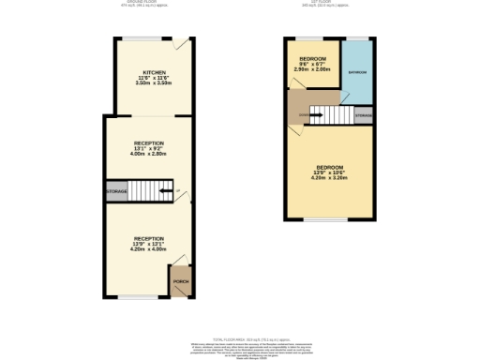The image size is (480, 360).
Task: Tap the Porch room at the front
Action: point(179,281)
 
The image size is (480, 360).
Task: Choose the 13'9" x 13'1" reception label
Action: point(149,245)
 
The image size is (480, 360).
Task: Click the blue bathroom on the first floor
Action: point(357,72)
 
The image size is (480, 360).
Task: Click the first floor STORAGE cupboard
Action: point(364,115)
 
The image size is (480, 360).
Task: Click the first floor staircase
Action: point(331,115)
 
